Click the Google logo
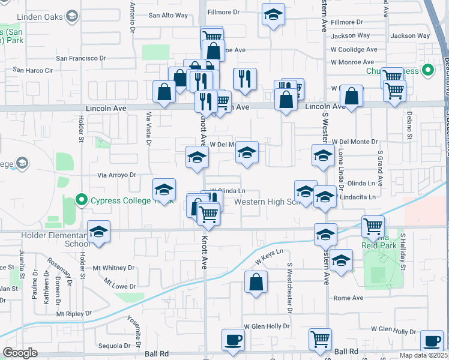point(20,353)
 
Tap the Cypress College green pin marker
point(82,200)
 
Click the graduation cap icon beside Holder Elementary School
point(99,232)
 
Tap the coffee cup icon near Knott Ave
point(233,340)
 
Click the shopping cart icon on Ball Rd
point(320,340)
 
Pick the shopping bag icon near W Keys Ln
point(256,282)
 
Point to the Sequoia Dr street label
point(114,346)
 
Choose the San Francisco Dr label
point(81,58)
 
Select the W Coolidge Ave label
point(354,49)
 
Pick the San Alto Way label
point(168,16)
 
